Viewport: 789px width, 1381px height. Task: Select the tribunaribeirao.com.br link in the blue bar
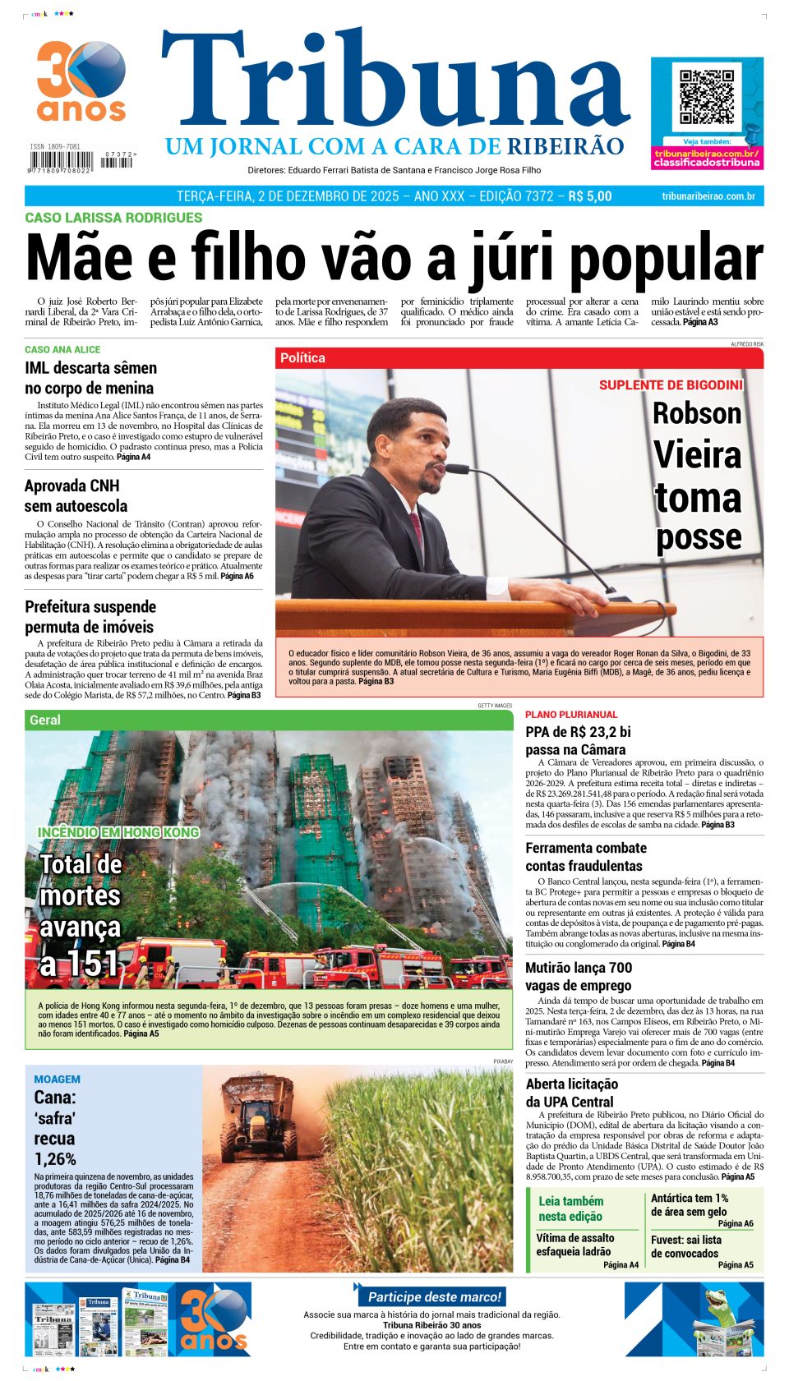(x=708, y=196)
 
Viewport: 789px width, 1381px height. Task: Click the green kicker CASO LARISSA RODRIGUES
(x=113, y=218)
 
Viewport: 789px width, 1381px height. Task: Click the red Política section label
(x=302, y=358)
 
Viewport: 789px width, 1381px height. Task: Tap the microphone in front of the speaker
(x=457, y=469)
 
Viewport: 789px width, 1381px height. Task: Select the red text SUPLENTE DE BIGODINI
(x=670, y=385)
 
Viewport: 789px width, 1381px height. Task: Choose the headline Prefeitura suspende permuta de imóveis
(x=90, y=616)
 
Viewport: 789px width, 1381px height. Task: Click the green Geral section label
(x=45, y=720)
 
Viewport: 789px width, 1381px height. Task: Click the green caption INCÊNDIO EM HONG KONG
(x=118, y=832)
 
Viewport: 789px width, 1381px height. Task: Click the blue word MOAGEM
(x=57, y=1079)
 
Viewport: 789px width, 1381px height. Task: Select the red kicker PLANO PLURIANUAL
(x=571, y=715)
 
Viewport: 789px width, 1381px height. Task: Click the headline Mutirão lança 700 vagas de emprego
(x=579, y=976)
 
